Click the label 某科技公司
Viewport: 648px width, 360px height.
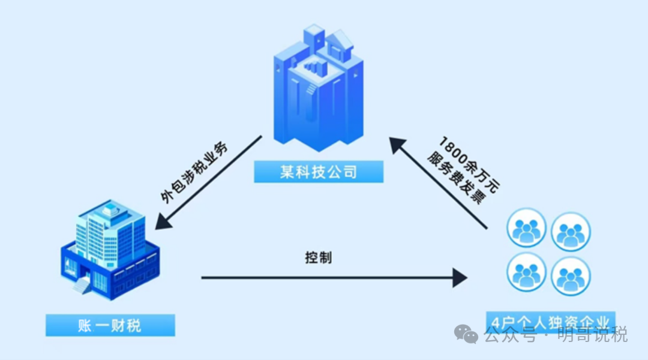tap(319, 172)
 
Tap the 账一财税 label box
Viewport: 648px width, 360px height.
tap(110, 325)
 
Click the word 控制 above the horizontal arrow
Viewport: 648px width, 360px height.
tap(318, 258)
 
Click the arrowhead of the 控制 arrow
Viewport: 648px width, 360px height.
tap(460, 278)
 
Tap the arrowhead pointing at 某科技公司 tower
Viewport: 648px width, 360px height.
tap(397, 146)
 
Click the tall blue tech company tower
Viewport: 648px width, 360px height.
tap(319, 90)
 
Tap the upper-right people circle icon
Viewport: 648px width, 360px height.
tap(571, 232)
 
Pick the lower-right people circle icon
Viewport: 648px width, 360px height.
tap(571, 276)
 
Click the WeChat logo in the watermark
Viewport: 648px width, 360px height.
tap(466, 334)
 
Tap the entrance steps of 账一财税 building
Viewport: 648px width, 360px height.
tap(82, 286)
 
